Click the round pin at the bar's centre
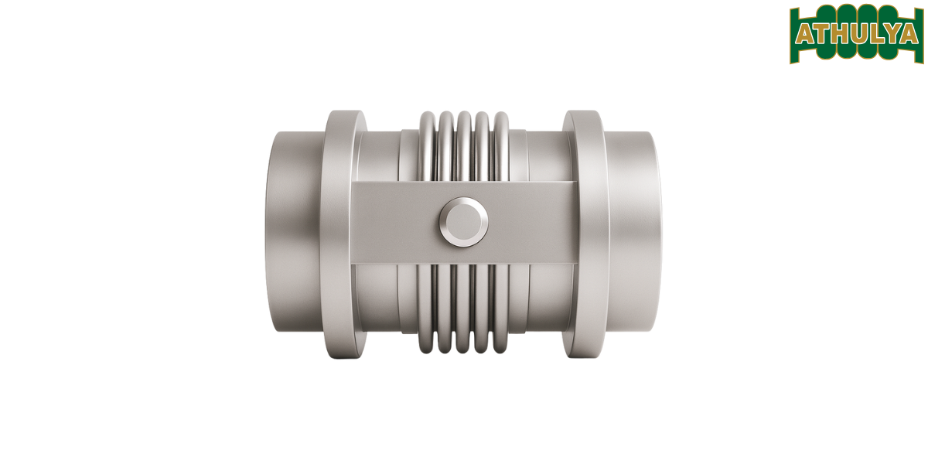(x=463, y=221)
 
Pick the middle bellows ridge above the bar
(x=464, y=147)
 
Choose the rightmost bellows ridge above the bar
(x=501, y=147)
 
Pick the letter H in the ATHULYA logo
(x=838, y=35)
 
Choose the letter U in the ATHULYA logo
(x=855, y=35)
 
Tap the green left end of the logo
(x=793, y=35)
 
